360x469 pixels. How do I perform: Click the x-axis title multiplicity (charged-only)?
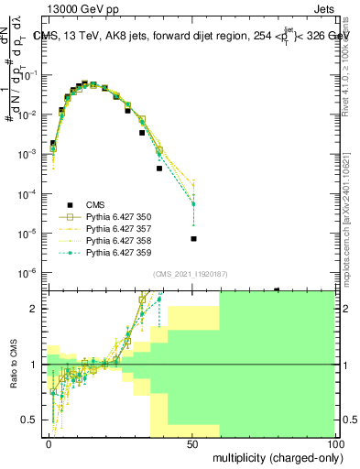(274, 456)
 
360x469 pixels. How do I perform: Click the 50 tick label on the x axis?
(192, 443)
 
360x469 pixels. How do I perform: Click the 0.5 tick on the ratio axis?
(31, 420)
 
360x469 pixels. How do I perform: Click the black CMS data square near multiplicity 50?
(193, 239)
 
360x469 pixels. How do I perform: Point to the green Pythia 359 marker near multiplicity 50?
(193, 204)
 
